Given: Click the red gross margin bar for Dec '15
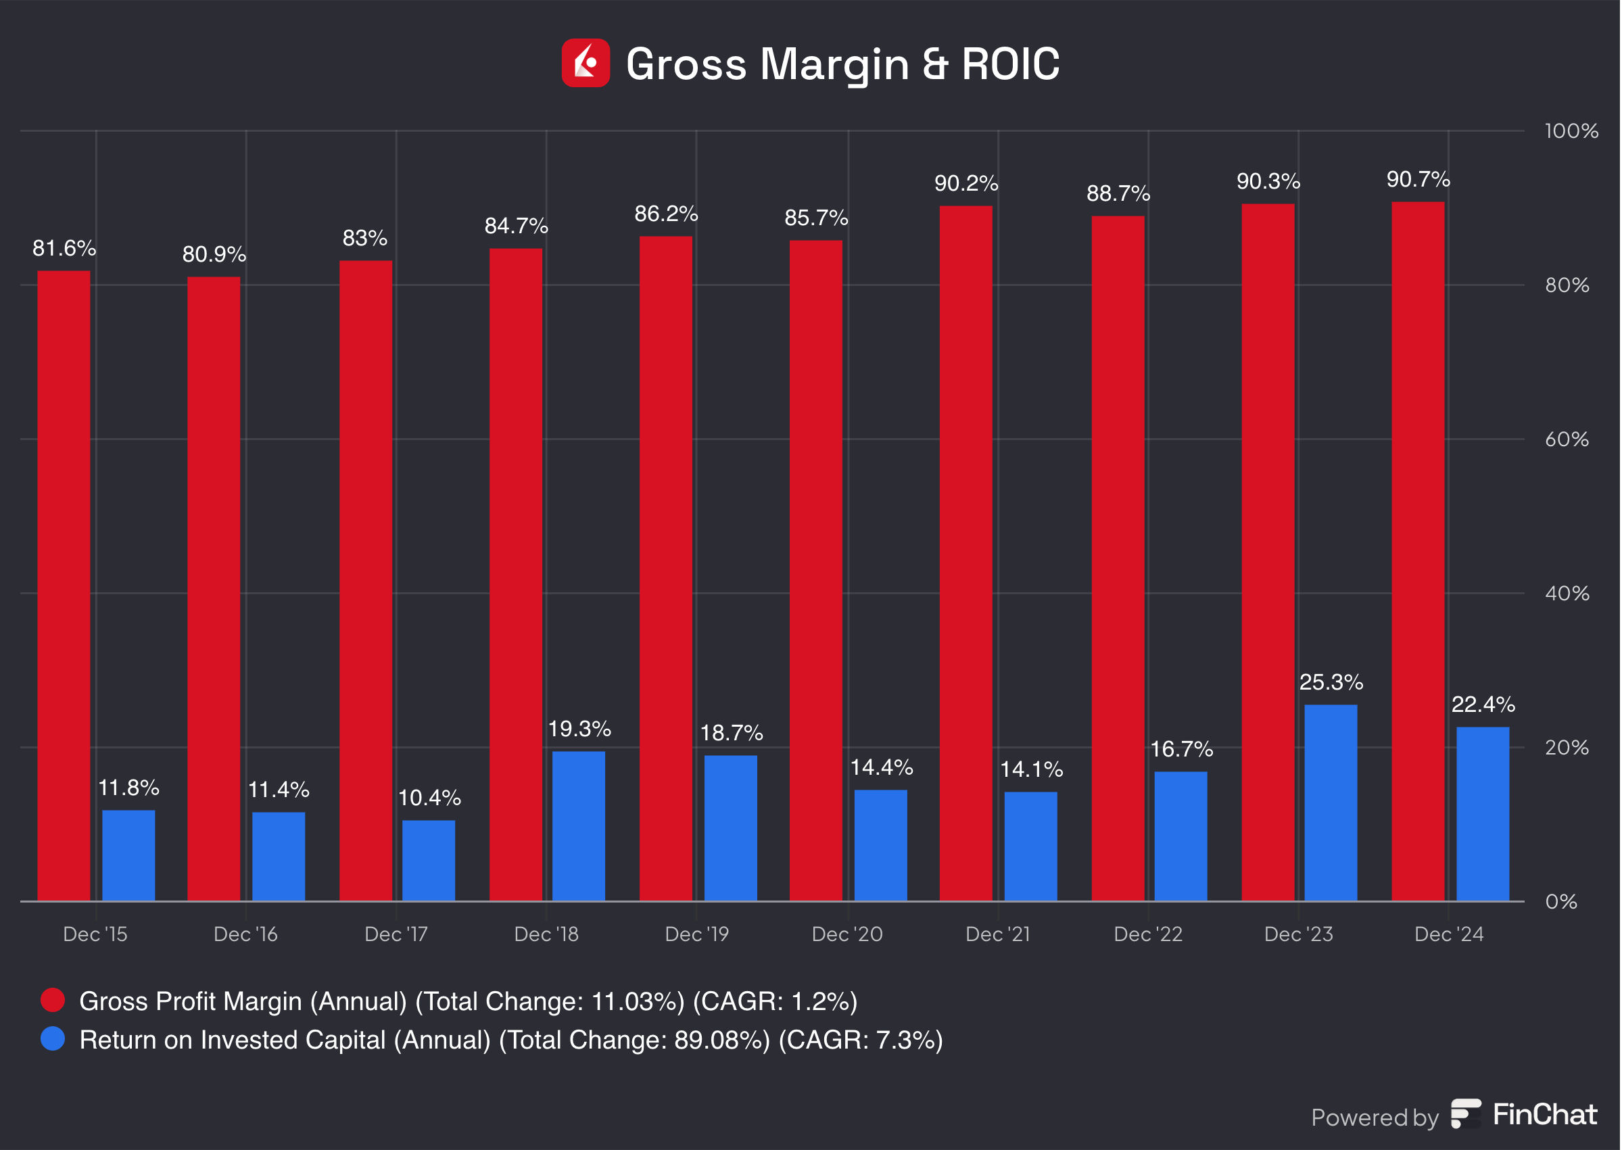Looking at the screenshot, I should pyautogui.click(x=64, y=585).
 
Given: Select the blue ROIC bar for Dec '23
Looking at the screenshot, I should pyautogui.click(x=1331, y=802).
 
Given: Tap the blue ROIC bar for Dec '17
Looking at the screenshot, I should pyautogui.click(x=429, y=860).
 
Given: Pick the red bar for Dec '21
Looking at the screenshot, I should pyautogui.click(x=965, y=553).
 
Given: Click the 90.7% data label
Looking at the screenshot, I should pyautogui.click(x=1417, y=180).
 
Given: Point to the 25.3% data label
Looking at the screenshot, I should pyautogui.click(x=1331, y=682).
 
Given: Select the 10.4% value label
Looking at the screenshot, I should pyautogui.click(x=429, y=798).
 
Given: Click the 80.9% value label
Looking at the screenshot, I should pyautogui.click(x=214, y=254).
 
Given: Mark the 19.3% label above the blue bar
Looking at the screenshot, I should pyautogui.click(x=579, y=729).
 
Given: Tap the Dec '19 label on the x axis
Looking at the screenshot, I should pyautogui.click(x=696, y=934).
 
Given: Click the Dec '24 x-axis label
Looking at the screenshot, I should pyautogui.click(x=1448, y=934).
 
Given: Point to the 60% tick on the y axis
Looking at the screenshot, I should pyautogui.click(x=1567, y=439).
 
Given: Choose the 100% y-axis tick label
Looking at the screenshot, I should pyautogui.click(x=1571, y=131).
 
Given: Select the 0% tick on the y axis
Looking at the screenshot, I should pyautogui.click(x=1561, y=901).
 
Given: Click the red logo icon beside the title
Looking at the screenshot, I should pyautogui.click(x=586, y=63).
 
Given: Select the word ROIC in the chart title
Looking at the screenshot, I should pyautogui.click(x=1010, y=64).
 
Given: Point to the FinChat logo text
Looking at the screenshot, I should pyautogui.click(x=1545, y=1115).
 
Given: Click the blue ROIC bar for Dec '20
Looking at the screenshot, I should pyautogui.click(x=880, y=845).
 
